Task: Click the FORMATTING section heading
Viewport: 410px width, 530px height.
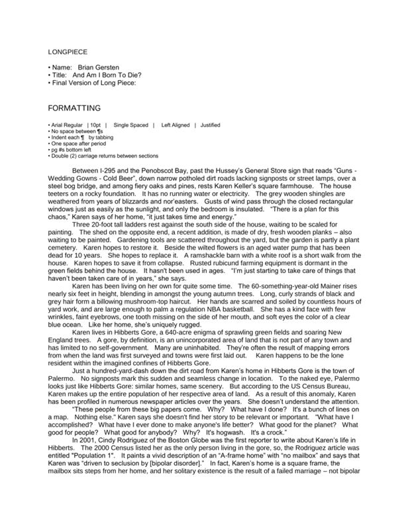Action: point(74,107)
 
